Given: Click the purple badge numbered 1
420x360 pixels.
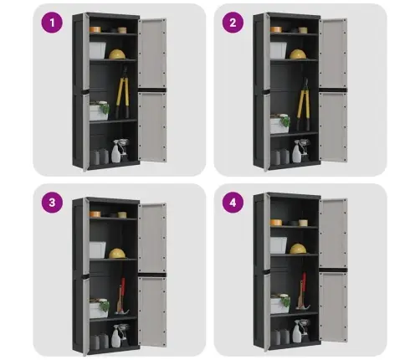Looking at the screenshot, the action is (52, 23).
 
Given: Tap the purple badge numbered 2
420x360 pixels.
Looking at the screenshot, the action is (233, 23).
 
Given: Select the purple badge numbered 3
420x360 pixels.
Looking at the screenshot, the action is (52, 203).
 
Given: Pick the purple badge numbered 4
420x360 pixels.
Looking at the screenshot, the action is (233, 203).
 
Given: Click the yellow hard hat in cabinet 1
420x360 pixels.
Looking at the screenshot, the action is (117, 54).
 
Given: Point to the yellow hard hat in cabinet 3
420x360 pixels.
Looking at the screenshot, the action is (117, 254).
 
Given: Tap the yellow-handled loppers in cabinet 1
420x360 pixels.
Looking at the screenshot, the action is (123, 92).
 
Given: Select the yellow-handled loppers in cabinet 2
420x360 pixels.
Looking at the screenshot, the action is (303, 105).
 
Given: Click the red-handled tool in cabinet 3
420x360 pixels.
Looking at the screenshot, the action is (121, 296).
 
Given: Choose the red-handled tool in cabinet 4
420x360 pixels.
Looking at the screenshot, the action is (302, 291).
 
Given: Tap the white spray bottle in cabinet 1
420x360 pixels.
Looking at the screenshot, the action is (116, 152).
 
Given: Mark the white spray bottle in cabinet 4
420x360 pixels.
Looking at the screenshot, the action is (297, 332).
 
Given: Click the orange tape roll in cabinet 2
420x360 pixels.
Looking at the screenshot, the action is (276, 29).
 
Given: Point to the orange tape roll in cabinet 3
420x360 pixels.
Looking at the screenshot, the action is (95, 214).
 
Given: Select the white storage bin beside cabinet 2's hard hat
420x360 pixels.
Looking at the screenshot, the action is (279, 50).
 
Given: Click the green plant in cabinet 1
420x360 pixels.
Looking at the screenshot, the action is (105, 109).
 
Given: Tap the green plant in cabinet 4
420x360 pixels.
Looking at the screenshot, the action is (285, 301).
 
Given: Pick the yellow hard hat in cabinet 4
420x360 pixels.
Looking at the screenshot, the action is (298, 249).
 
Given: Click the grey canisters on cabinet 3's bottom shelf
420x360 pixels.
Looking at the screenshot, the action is (100, 342).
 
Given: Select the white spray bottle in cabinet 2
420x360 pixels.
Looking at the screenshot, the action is (297, 152).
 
